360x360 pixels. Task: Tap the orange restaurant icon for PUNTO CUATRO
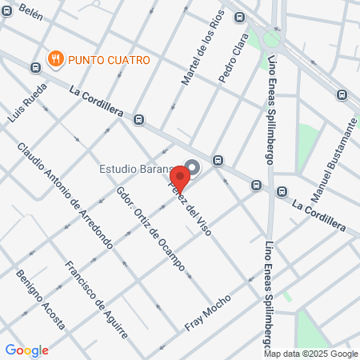(x=55, y=58)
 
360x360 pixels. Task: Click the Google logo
(x=26, y=350)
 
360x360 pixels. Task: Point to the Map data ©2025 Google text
(x=312, y=354)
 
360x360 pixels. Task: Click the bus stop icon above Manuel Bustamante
(x=342, y=95)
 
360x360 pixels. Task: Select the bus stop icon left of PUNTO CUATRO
(x=34, y=67)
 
